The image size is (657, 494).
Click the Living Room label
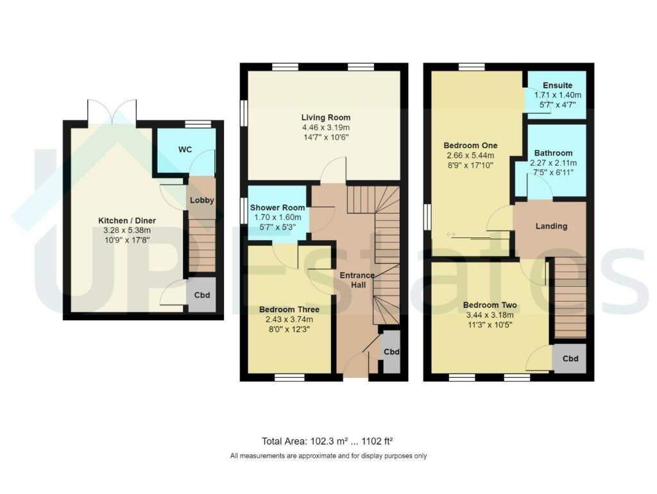326,117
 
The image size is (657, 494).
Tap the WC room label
185,149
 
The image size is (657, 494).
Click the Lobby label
201,200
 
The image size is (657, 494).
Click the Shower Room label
276,207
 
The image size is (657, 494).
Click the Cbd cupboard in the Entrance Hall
391,352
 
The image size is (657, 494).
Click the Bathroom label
552,153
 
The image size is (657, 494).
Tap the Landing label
550,226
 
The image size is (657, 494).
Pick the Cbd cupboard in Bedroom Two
570,359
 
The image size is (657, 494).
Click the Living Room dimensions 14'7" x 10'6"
326,137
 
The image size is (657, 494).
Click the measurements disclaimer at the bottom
328,456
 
